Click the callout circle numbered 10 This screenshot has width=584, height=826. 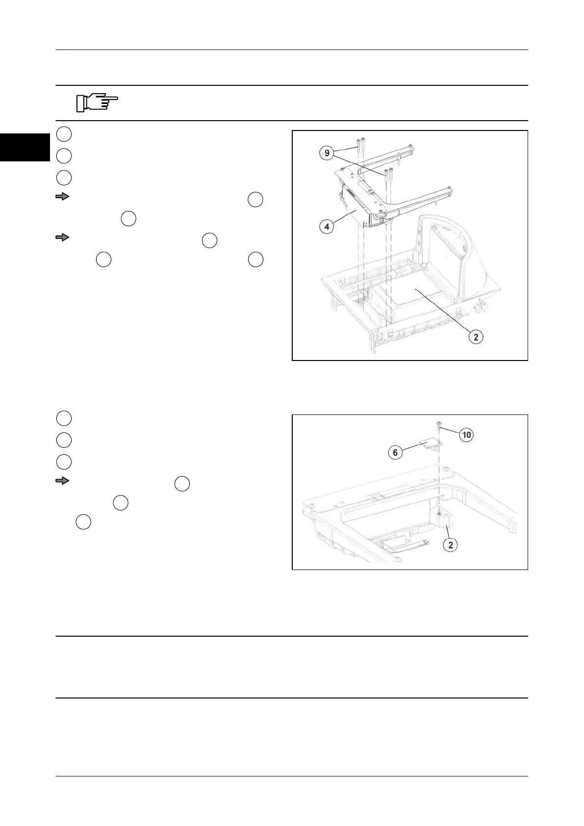(x=467, y=435)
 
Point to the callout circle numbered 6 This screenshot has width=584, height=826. (x=396, y=452)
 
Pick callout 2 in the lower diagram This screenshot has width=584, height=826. (x=451, y=544)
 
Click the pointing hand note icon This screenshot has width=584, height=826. (x=97, y=103)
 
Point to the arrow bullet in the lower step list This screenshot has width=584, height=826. (x=62, y=481)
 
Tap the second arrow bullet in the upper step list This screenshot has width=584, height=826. (x=62, y=238)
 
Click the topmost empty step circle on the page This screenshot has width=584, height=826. (x=64, y=134)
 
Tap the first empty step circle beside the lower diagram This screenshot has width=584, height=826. (x=64, y=418)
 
